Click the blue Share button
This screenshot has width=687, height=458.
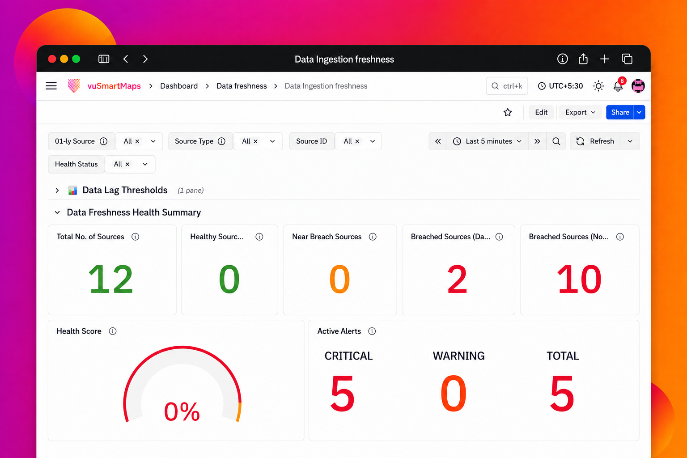(x=620, y=112)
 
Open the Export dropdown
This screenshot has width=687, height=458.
(x=580, y=112)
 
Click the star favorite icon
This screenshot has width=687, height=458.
(x=508, y=112)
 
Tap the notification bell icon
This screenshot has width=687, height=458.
(x=618, y=86)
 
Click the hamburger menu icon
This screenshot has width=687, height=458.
(x=51, y=86)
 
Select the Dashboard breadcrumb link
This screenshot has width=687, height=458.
(x=179, y=86)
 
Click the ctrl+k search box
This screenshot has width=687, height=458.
(x=507, y=86)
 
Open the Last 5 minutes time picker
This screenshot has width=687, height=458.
(x=488, y=141)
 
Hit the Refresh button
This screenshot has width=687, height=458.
(x=595, y=141)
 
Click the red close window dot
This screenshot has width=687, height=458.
(x=52, y=59)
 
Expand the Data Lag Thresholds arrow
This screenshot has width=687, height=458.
(x=57, y=191)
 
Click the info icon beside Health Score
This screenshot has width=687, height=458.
(x=113, y=331)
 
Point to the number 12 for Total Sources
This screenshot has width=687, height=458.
(x=111, y=279)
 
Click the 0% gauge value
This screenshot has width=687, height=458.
(x=182, y=411)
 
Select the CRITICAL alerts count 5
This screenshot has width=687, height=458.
(x=342, y=393)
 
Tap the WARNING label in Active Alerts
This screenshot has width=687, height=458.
(x=458, y=356)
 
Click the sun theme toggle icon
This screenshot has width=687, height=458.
(x=598, y=86)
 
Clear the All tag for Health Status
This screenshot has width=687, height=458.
(x=127, y=165)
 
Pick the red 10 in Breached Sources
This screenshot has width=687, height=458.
(x=579, y=279)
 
